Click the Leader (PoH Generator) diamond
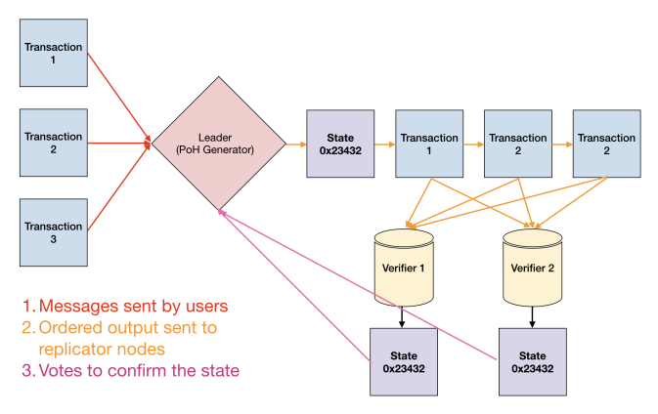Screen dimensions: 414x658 point(216,145)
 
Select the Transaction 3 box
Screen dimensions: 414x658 point(54,230)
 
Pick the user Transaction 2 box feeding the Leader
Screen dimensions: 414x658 point(54,143)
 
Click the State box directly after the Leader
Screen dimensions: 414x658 point(339,144)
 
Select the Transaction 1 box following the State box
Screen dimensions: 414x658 point(427,144)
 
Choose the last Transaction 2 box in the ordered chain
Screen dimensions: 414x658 point(605,144)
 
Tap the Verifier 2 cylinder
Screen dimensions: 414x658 point(532,267)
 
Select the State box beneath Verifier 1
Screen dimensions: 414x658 point(404,361)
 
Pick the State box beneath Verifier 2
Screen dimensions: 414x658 point(532,361)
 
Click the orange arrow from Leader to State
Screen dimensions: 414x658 point(295,144)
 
